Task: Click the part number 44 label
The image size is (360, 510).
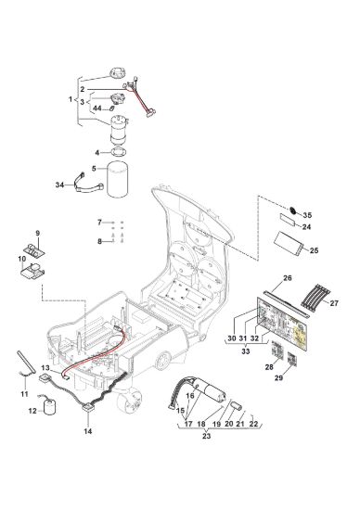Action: coord(97,108)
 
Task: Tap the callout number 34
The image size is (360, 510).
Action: coord(60,185)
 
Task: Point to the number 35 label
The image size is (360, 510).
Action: coord(307,215)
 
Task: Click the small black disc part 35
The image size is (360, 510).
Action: coord(293,210)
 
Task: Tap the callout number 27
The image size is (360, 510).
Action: coord(334,303)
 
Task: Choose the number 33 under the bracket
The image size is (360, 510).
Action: coord(246,351)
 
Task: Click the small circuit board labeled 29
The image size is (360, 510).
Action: coord(292,359)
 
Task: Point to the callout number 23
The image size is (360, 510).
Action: coord(207,436)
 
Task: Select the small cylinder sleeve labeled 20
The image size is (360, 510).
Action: coord(236,406)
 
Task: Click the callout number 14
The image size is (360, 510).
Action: coord(88,431)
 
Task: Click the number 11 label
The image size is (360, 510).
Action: coord(25,394)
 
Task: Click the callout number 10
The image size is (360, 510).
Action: coord(22,259)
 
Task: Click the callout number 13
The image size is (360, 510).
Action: coord(45,368)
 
